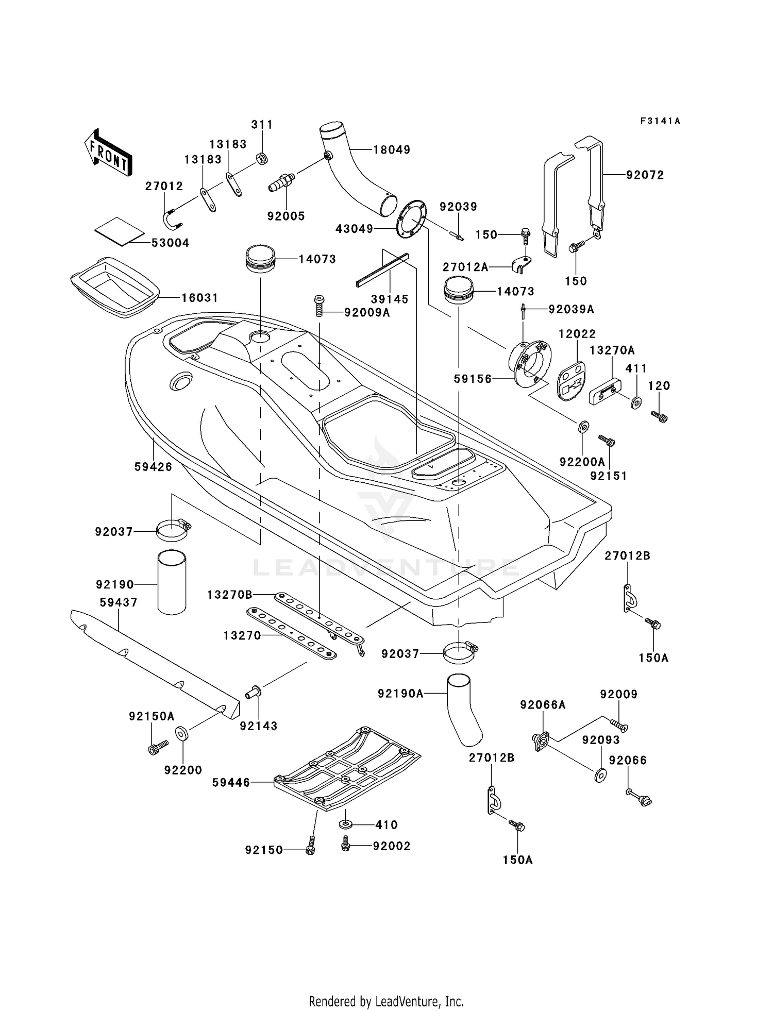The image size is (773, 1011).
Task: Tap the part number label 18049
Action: [x=392, y=149]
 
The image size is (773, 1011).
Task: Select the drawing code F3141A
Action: [x=660, y=121]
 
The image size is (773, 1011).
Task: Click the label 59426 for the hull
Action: [x=153, y=467]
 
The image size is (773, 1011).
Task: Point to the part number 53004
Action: [x=170, y=243]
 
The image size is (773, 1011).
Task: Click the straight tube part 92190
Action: [x=172, y=582]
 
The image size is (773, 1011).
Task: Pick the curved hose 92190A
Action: [x=464, y=710]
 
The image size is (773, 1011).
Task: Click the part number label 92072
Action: [x=645, y=175]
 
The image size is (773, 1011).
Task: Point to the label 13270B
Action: [x=230, y=595]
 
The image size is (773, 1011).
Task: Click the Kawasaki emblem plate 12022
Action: [x=571, y=380]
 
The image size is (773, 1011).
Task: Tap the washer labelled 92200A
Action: [x=583, y=427]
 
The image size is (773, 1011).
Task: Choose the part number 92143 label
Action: [x=259, y=726]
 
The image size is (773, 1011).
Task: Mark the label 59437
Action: [x=119, y=602]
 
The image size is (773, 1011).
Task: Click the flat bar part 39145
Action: [x=382, y=271]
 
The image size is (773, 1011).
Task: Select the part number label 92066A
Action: [x=543, y=705]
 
